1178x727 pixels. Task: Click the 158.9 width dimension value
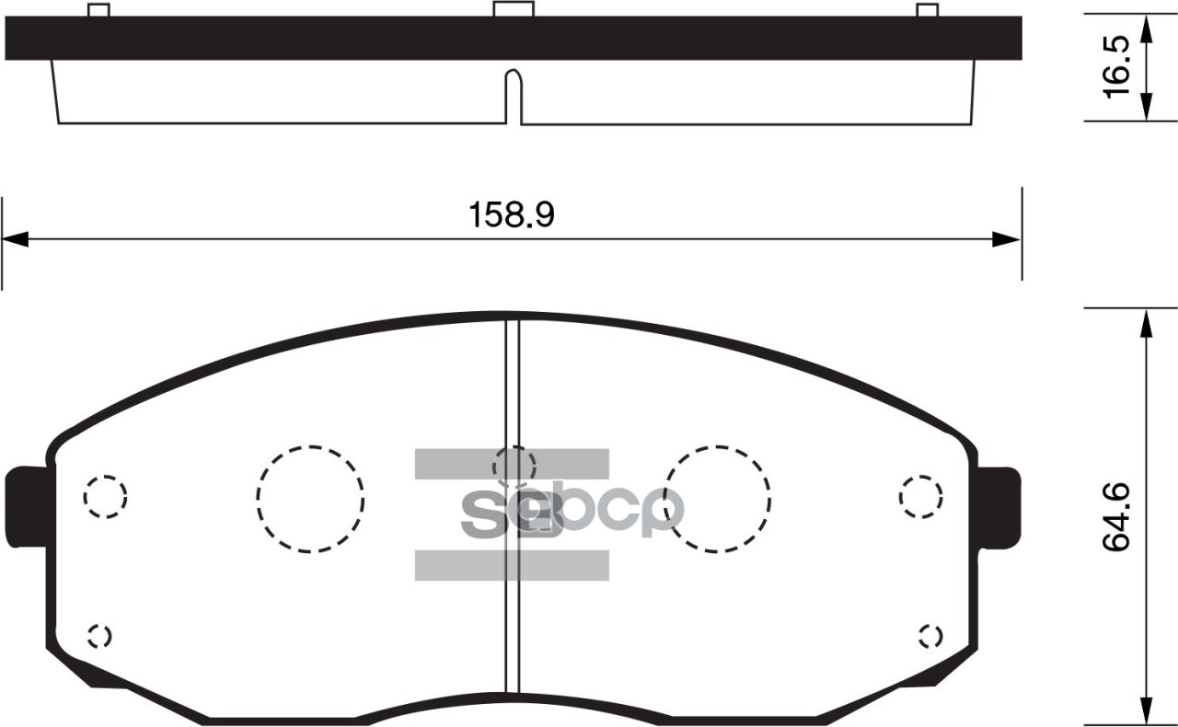click(x=512, y=215)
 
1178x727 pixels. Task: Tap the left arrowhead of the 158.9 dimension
click(x=17, y=239)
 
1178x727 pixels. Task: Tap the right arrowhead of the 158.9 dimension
click(x=1006, y=239)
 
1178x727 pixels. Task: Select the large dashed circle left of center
click(x=310, y=499)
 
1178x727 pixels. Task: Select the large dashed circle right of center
click(x=718, y=499)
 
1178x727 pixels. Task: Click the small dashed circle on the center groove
click(x=514, y=466)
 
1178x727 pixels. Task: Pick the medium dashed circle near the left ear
click(x=105, y=497)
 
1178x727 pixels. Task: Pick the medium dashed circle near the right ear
click(x=920, y=497)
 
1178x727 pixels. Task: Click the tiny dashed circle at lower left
click(x=99, y=636)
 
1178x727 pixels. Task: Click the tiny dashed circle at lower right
click(x=930, y=636)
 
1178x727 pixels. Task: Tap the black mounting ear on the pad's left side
click(x=28, y=505)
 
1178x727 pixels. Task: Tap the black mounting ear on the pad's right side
click(x=999, y=505)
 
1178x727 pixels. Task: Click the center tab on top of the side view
click(x=514, y=8)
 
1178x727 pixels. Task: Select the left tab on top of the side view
click(x=98, y=10)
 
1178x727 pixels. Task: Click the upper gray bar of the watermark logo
click(x=512, y=464)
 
